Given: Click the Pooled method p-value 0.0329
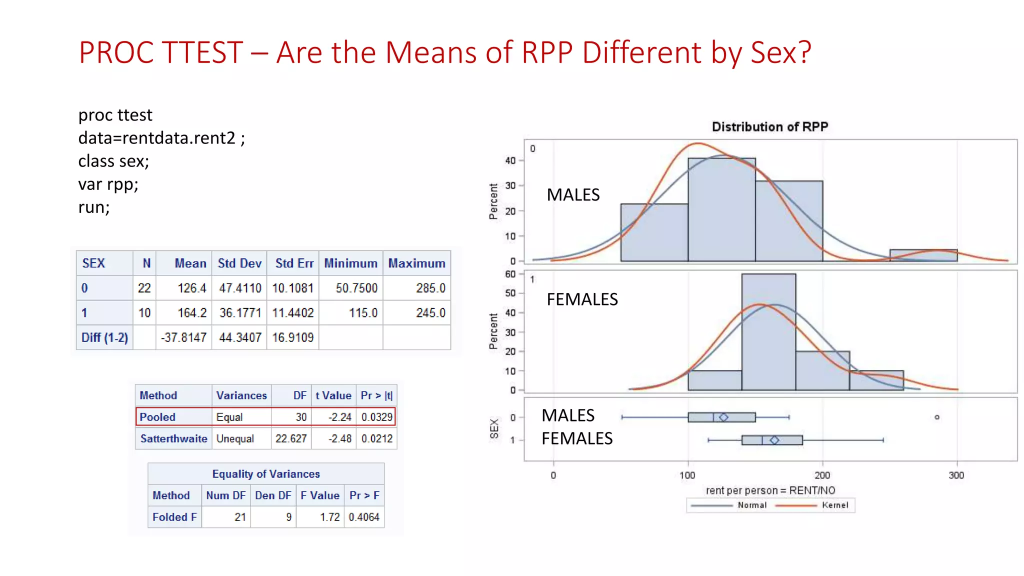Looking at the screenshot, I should coord(376,417).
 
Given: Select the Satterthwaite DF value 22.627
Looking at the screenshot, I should coord(290,438).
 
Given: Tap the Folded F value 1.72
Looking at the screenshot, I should coord(329,517).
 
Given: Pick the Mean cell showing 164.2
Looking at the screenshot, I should coord(191,313).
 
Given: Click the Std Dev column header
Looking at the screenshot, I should coord(239,263).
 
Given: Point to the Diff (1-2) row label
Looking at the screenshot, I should coord(104,337).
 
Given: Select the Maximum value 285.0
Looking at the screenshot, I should coord(430,288).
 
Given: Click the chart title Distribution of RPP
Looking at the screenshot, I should coord(769,127).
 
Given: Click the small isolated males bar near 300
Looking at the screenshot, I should coord(923,255).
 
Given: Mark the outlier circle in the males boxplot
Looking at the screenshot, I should coord(937,417).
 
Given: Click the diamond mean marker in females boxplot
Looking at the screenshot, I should coord(774,440).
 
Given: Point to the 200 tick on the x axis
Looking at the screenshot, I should coord(822,475).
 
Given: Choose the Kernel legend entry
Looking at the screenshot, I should coord(834,505).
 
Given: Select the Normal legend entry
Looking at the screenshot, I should coord(751,505).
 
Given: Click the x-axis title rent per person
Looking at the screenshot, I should coord(770,490).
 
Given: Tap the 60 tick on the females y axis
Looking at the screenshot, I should coord(510,274).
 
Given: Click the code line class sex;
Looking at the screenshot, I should coord(113,161).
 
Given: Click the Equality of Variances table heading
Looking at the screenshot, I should coord(266,474).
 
